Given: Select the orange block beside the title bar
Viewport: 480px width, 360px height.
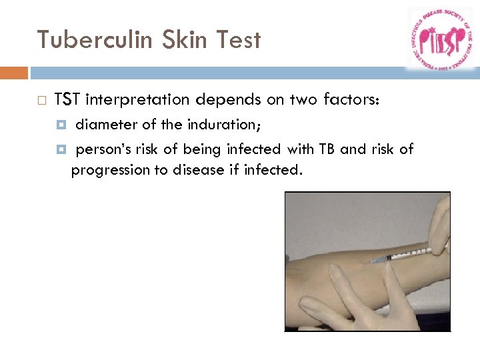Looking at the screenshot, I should pyautogui.click(x=13, y=73).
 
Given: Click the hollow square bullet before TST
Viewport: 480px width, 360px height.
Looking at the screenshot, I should pyautogui.click(x=41, y=101).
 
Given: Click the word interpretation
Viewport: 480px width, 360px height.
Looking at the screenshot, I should pyautogui.click(x=137, y=100).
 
